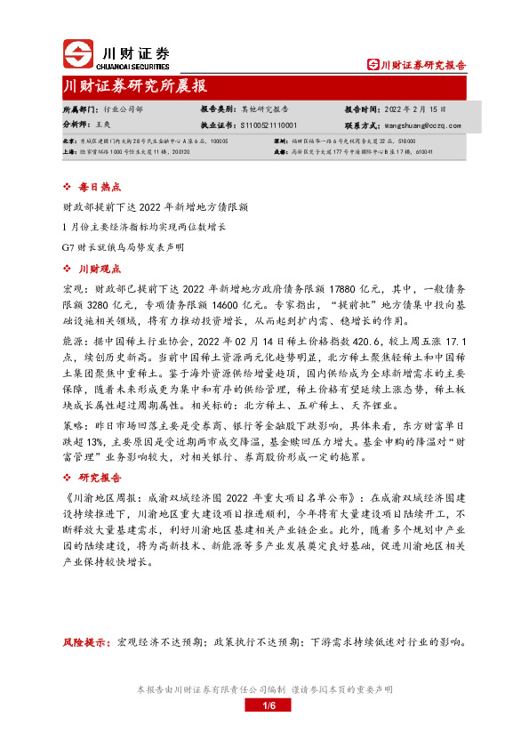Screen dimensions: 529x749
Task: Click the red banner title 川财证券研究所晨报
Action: click(x=136, y=86)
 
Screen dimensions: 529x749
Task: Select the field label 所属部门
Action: click(x=78, y=109)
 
